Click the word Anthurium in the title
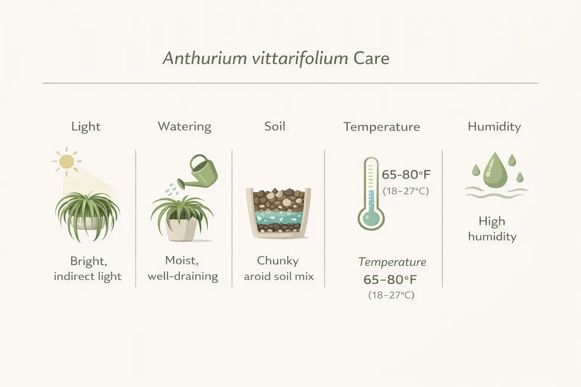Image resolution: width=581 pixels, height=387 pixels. coord(204,59)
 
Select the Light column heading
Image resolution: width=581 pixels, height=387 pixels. coord(86,126)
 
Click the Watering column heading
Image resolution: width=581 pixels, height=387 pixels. coord(185,126)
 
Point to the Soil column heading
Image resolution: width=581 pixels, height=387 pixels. coord(275,126)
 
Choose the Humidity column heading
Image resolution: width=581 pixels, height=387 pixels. coord(494,126)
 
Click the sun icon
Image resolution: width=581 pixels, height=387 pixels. coord(67,161)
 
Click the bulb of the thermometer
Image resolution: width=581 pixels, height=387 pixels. coord(371,218)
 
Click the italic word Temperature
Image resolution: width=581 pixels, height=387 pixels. coord(392,262)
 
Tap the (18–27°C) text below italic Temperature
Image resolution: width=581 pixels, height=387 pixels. coord(391,295)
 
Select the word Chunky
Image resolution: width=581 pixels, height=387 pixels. coord(278,261)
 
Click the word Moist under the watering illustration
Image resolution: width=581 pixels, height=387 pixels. coord(182,260)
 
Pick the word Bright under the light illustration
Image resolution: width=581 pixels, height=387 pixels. coord(89,261)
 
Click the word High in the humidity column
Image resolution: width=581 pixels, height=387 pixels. coord(492,221)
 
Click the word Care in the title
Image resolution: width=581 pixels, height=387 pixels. coord(371,59)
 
